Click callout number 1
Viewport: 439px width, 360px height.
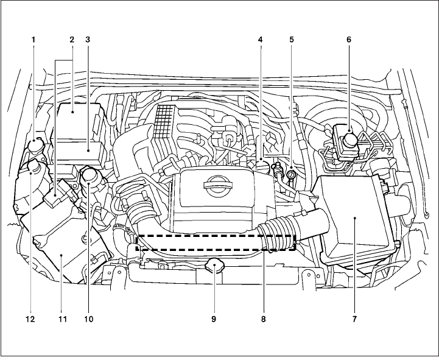33,40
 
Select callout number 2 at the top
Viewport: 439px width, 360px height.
71,40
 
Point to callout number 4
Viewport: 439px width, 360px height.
261,40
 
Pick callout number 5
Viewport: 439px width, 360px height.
292,40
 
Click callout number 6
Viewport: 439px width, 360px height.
349,40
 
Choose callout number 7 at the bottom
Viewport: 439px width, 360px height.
354,319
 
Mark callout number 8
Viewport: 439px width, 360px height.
264,319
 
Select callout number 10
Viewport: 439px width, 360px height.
90,319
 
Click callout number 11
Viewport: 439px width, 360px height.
61,319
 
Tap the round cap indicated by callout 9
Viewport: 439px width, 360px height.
214,266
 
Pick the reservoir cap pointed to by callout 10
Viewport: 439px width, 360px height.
90,177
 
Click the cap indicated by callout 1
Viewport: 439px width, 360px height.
36,146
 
